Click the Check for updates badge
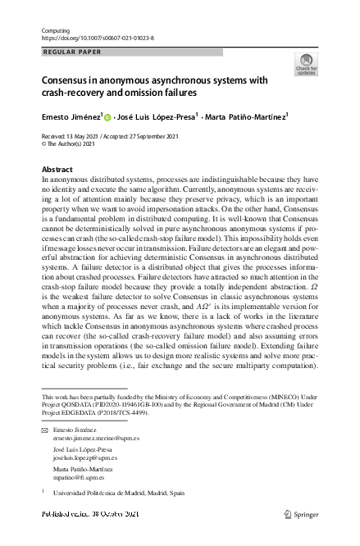(x=306, y=65)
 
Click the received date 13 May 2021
(x=92, y=134)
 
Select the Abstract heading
(x=57, y=169)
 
